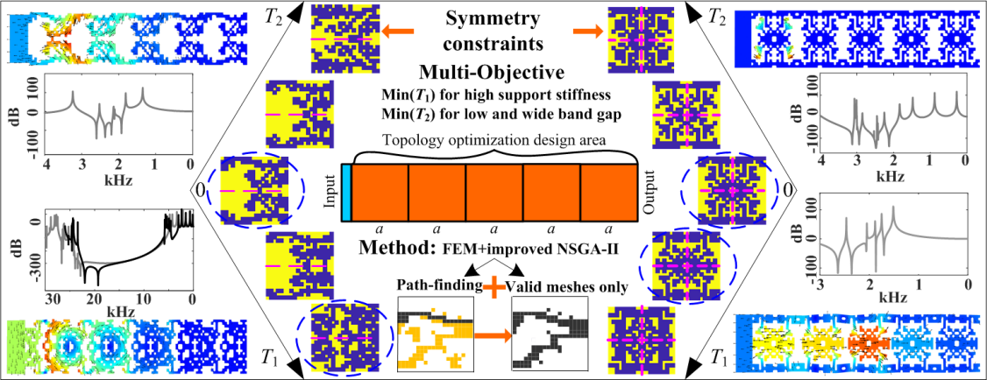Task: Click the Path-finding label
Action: click(x=435, y=285)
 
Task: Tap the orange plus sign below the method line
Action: click(x=497, y=285)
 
